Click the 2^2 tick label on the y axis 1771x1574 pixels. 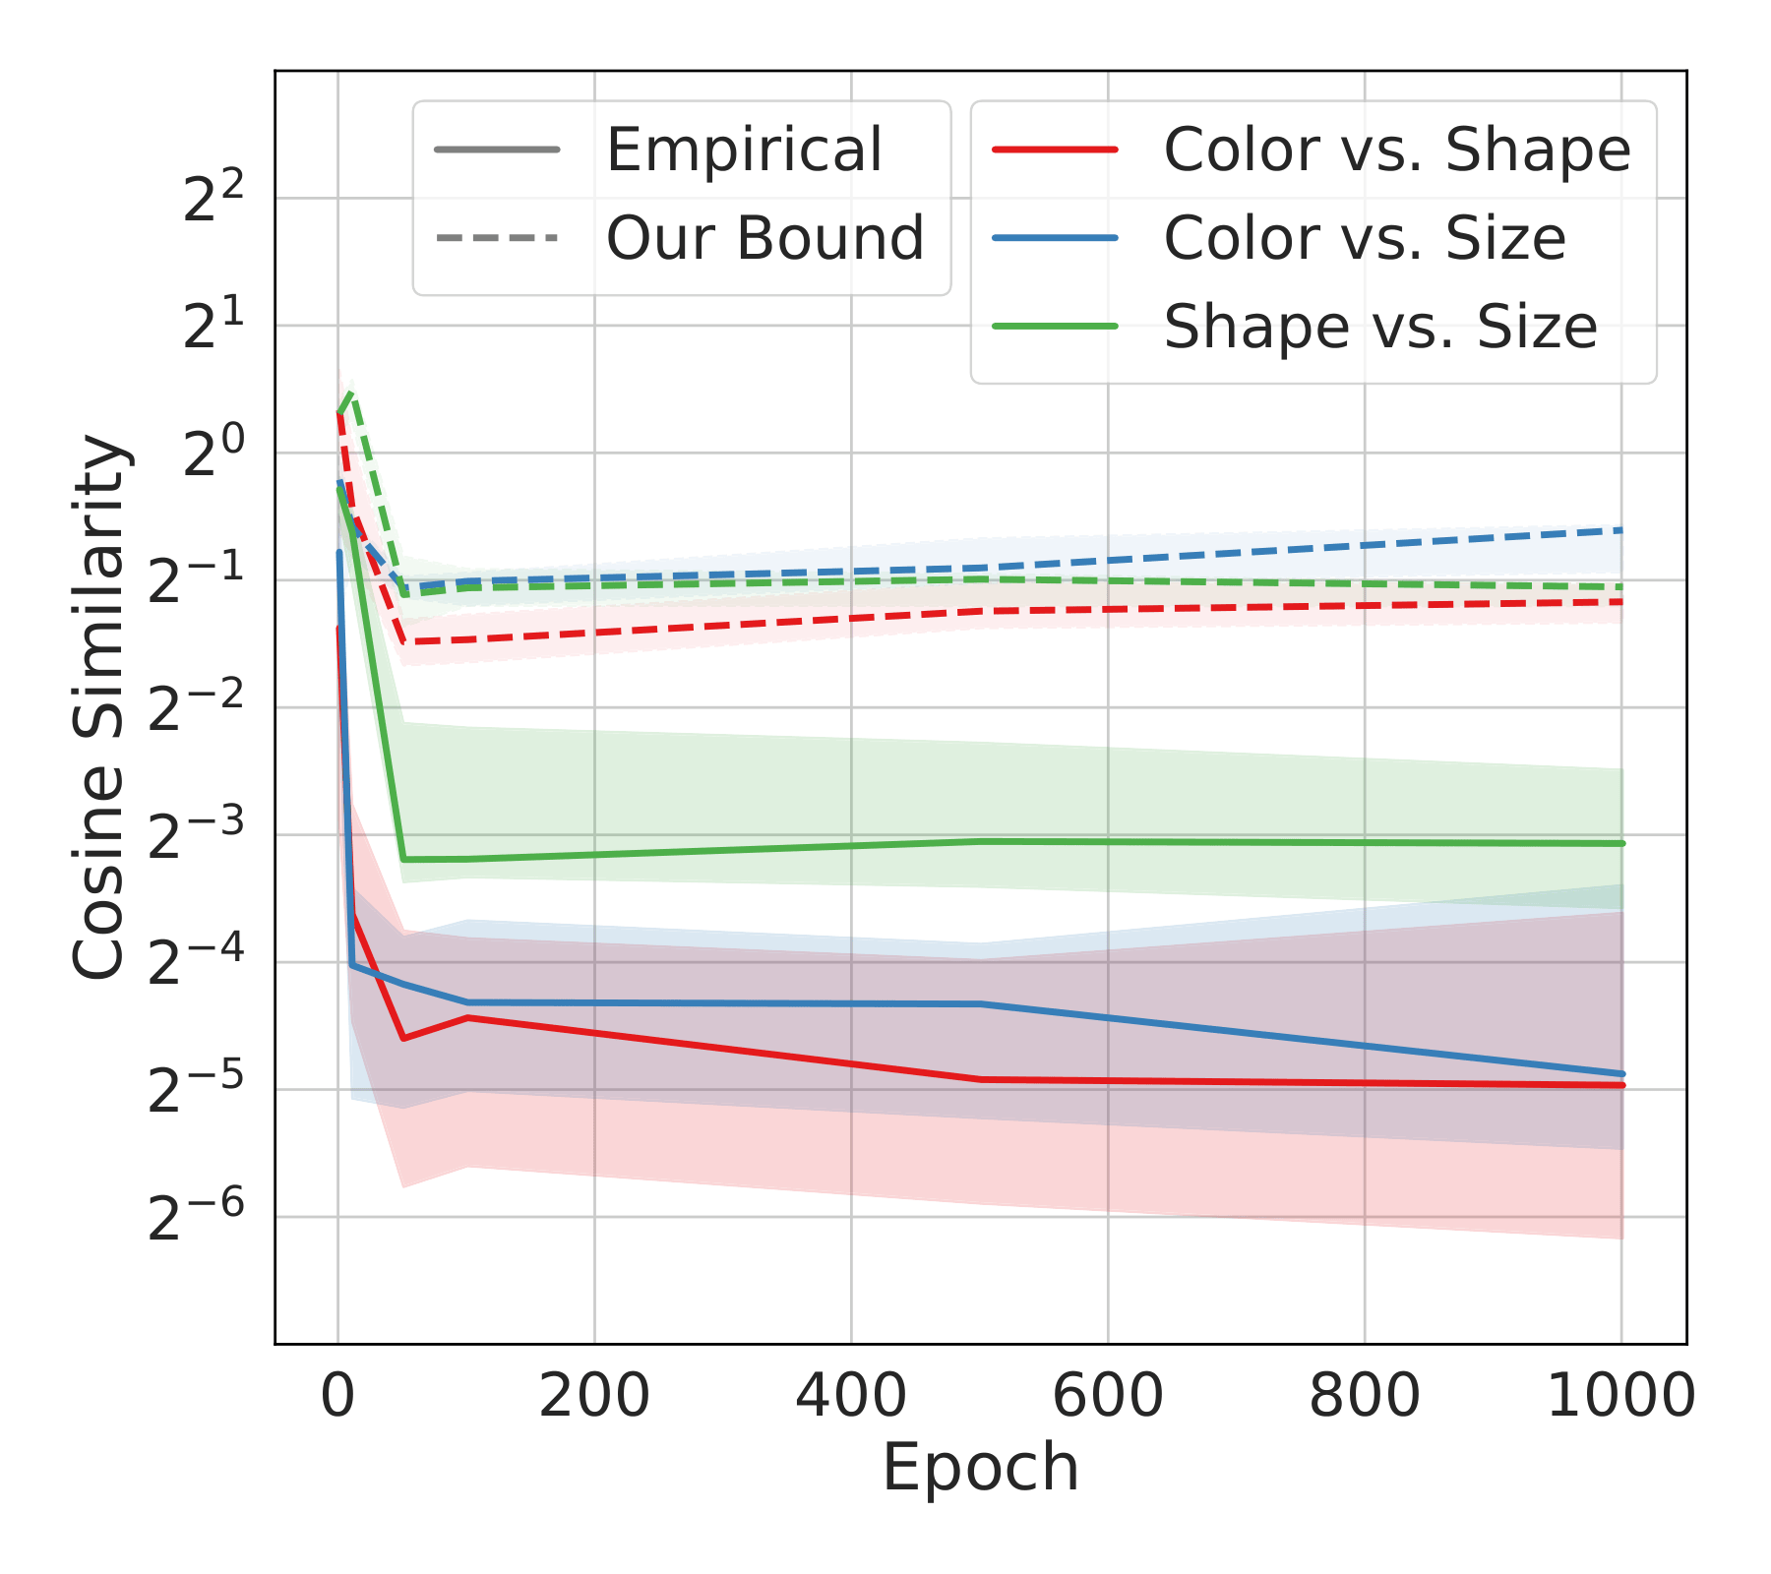[213, 201]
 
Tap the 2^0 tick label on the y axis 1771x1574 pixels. [213, 455]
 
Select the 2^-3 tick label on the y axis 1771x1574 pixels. [195, 837]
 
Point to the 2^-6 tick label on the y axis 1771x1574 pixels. [195, 1219]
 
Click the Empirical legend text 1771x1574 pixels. [744, 151]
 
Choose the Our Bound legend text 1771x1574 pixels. [764, 238]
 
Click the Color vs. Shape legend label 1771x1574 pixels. [1397, 151]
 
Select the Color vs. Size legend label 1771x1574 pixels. [1365, 238]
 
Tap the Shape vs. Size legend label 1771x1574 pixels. [1380, 327]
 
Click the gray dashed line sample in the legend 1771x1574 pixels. [496, 238]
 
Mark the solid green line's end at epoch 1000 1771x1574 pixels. [1621, 843]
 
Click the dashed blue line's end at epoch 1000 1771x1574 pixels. [1621, 530]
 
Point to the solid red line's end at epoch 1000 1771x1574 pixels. [1621, 1085]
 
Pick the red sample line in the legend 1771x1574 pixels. [1055, 151]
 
